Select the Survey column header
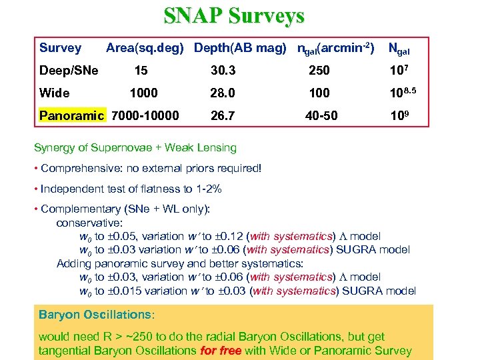(60, 48)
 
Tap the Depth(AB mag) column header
(240, 48)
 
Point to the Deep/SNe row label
(69, 71)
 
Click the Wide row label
(55, 93)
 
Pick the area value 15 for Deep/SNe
(141, 71)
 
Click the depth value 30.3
(222, 71)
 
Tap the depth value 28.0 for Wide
(222, 93)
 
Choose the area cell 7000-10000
(145, 115)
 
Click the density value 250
(319, 71)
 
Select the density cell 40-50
(321, 115)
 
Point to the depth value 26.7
(222, 115)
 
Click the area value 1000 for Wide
(144, 93)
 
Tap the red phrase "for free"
(221, 351)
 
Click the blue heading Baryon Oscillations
(96, 314)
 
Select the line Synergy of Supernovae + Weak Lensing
(135, 147)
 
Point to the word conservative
(89, 223)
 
